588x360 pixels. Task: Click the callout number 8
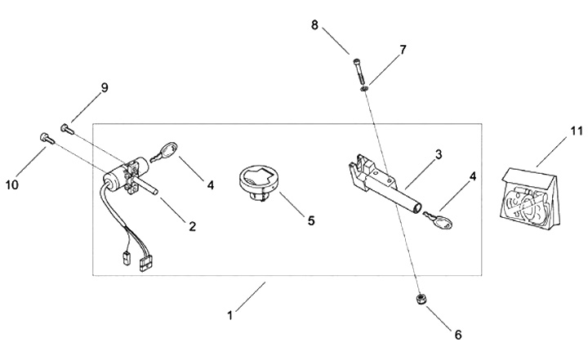(314, 25)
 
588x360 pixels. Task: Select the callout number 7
(401, 51)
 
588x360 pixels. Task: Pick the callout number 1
(230, 313)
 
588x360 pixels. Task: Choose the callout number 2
(193, 225)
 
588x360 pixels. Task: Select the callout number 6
(458, 334)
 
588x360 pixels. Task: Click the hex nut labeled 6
(418, 300)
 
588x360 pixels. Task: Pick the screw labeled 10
(45, 139)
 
